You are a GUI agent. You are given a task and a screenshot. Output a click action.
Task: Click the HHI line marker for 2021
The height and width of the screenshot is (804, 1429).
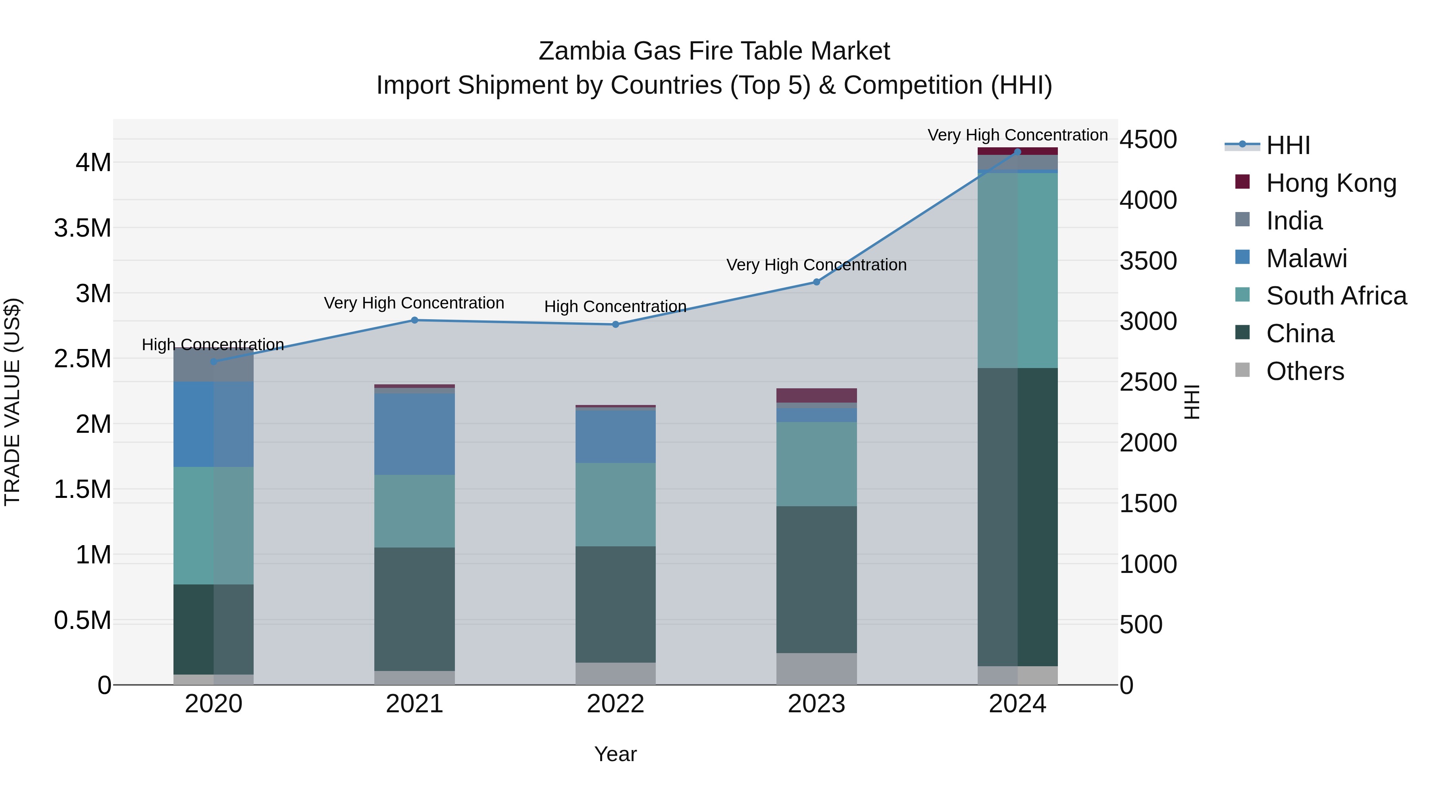click(x=414, y=320)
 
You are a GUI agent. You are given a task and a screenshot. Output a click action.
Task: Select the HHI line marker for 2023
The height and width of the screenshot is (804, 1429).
click(x=816, y=282)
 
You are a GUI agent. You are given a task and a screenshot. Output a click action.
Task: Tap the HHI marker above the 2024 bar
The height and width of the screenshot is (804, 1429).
click(x=1017, y=152)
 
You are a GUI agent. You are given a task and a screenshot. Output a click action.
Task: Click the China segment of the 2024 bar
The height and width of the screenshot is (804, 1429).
click(x=1017, y=516)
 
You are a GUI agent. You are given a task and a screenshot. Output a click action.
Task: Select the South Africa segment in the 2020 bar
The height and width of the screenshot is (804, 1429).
click(x=214, y=525)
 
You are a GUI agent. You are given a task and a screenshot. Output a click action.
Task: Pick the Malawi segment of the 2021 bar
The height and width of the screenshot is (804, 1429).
click(x=414, y=434)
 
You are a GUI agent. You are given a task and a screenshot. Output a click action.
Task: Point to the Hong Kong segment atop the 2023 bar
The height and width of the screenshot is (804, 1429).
click(x=816, y=395)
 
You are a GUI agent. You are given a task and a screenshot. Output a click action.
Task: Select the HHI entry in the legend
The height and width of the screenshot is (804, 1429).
click(x=1288, y=145)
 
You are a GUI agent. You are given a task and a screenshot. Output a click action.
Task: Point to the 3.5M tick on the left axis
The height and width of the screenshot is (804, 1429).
click(x=82, y=228)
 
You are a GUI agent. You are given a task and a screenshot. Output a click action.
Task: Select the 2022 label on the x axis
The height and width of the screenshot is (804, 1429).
click(x=615, y=704)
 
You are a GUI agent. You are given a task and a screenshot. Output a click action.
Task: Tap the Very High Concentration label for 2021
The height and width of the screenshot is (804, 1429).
click(x=414, y=303)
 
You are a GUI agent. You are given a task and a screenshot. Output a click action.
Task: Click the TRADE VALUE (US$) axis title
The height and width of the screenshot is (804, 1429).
click(x=12, y=402)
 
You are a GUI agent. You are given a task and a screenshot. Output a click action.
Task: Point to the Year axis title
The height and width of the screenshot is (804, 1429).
click(x=615, y=754)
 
